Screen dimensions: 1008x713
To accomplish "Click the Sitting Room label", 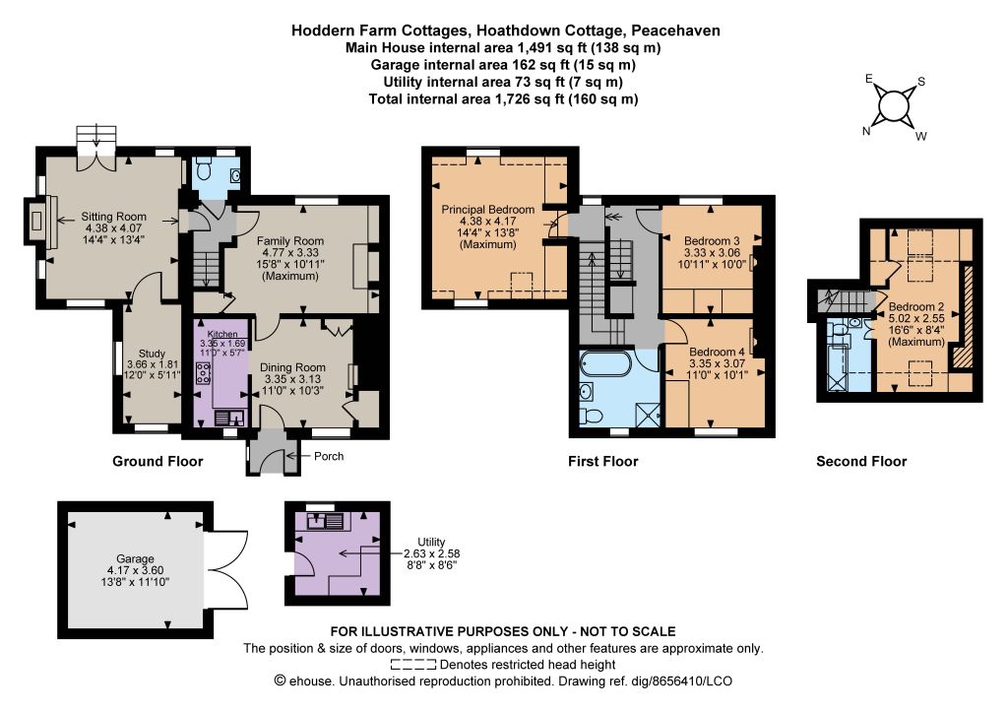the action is tap(114, 217).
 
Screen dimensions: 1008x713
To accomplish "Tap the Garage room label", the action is tap(135, 558).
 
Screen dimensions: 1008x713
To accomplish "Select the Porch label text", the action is tap(329, 456).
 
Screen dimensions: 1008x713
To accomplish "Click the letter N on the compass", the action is tap(866, 131).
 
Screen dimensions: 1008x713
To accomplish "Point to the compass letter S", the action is tap(921, 82).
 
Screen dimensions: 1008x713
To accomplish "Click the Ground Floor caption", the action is tap(157, 461).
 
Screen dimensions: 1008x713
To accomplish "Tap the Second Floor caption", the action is tap(861, 461).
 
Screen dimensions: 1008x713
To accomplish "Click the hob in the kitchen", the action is tap(203, 373).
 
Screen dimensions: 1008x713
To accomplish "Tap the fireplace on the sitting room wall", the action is tap(39, 221).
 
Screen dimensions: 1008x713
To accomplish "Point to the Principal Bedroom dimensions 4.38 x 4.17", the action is tap(488, 222).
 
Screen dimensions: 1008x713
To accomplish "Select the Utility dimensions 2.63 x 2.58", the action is tap(431, 553).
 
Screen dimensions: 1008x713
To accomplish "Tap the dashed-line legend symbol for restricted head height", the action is tap(412, 665).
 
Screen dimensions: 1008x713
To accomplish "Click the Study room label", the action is tap(152, 353).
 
